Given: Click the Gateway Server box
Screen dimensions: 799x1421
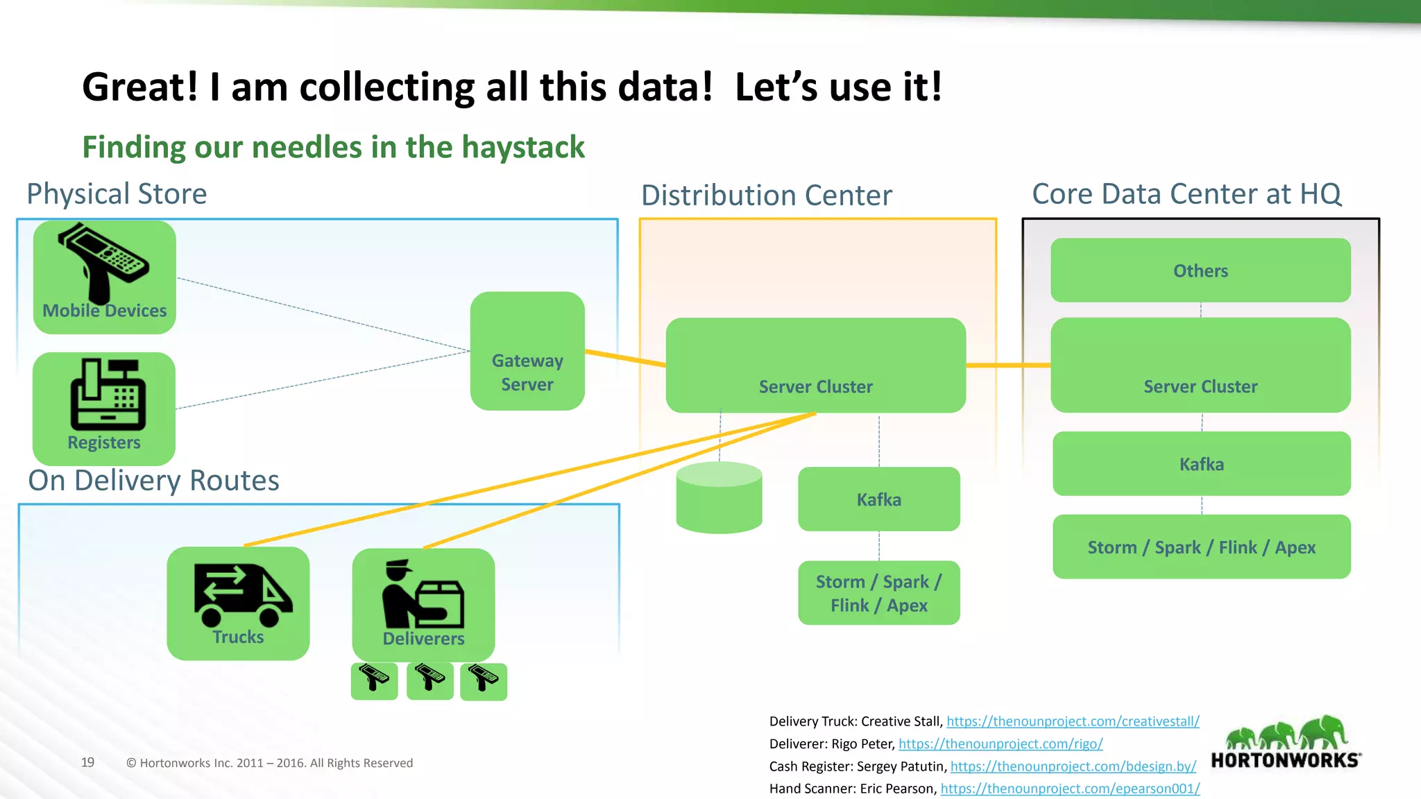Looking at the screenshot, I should point(527,351).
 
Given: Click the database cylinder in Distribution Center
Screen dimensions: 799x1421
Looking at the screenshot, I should point(719,498).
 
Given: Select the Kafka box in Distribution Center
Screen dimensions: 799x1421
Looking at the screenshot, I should point(878,499).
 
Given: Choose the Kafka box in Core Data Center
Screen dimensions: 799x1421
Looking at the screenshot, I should point(1201,464).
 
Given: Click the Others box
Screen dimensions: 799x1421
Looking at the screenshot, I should point(1200,270).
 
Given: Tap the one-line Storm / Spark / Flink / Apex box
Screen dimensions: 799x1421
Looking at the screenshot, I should point(1201,547).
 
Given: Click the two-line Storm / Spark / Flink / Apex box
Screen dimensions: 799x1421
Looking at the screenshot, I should point(878,593).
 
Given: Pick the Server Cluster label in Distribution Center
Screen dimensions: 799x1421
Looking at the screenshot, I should point(815,386).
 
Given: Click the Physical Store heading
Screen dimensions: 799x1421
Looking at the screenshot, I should point(117,194).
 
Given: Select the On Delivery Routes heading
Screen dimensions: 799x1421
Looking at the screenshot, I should point(153,481).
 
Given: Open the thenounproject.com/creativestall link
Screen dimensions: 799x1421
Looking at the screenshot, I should point(1073,721).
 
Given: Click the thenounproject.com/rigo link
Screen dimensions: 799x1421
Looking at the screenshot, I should point(1001,744).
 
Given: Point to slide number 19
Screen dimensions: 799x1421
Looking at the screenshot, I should point(87,762).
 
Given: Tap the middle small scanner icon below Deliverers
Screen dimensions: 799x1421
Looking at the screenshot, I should point(429,680).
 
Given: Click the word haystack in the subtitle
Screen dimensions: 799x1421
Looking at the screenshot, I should point(523,147).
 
